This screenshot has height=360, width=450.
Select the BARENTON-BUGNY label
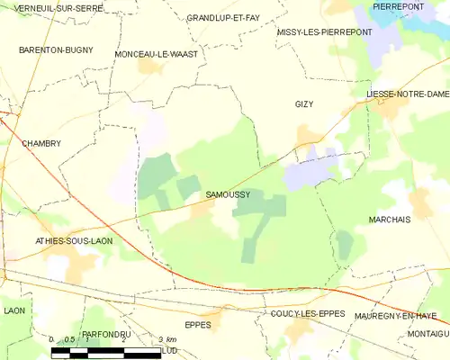coord(56,50)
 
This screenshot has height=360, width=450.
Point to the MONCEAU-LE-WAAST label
coord(157,54)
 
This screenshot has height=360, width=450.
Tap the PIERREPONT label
coord(398,6)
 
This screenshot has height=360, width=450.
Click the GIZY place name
coord(305,104)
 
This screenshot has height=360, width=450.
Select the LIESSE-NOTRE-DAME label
coord(407,94)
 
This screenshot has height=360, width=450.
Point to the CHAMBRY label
coord(41,143)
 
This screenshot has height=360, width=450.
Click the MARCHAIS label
coord(390,219)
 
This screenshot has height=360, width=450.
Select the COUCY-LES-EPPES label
coord(306,314)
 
